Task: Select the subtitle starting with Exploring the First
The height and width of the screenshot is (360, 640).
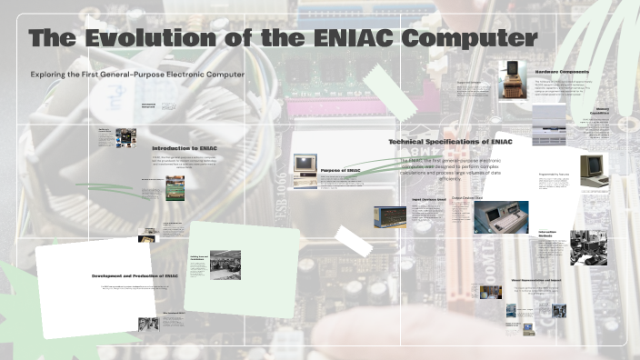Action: point(137,75)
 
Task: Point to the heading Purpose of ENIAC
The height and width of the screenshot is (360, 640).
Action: point(341,170)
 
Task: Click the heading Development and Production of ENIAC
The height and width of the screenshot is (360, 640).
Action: point(140,275)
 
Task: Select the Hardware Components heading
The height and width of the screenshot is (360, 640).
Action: point(562,71)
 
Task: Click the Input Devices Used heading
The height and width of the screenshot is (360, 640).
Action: point(429,198)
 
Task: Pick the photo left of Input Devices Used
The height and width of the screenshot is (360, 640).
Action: point(389,216)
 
